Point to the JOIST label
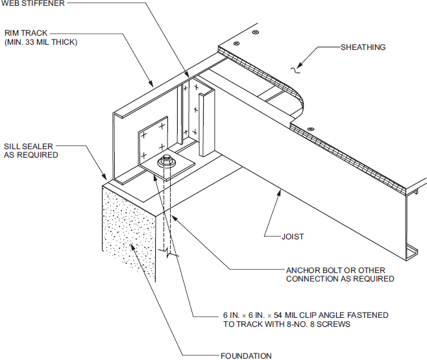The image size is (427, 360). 293,237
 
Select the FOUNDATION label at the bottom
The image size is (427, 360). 246,355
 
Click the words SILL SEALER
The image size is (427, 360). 30,146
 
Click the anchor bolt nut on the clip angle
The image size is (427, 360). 167,160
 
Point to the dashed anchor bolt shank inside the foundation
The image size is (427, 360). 167,214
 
